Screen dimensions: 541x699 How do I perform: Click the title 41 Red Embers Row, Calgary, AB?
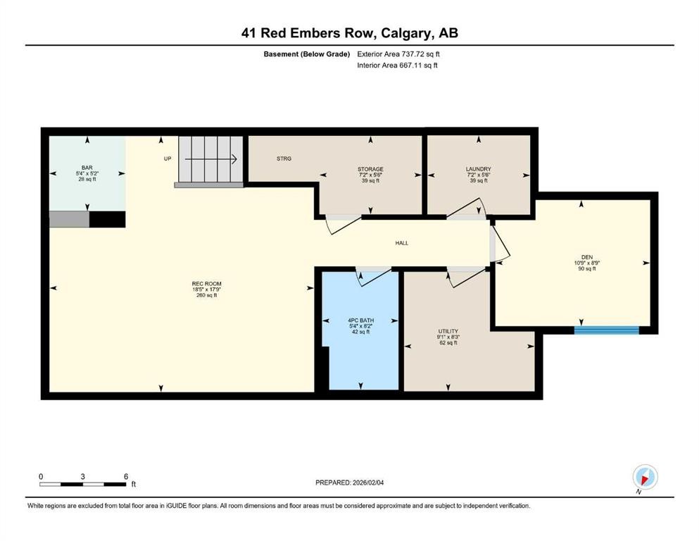click(x=349, y=33)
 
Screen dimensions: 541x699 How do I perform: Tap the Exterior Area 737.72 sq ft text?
click(x=398, y=54)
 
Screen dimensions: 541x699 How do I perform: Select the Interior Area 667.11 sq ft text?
click(x=397, y=65)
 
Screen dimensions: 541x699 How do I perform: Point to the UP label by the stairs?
click(x=168, y=158)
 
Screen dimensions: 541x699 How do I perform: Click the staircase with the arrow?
click(x=210, y=158)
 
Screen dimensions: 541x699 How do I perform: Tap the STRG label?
click(x=284, y=158)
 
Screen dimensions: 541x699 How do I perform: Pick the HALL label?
click(x=401, y=243)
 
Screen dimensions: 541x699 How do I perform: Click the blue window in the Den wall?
click(x=606, y=330)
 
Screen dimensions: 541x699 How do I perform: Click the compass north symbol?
click(x=645, y=477)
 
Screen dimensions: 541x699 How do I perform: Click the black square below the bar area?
click(x=107, y=219)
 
